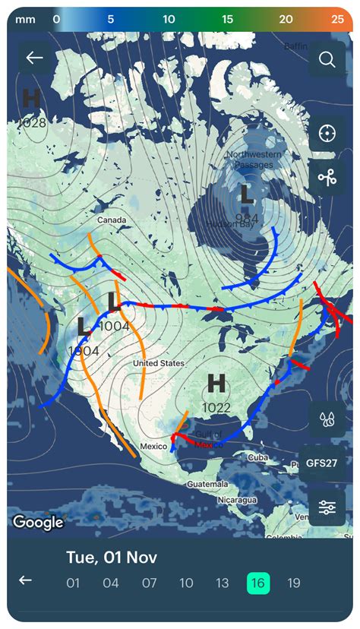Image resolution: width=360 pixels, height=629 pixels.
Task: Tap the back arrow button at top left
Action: point(35,58)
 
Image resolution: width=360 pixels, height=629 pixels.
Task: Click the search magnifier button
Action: point(327,59)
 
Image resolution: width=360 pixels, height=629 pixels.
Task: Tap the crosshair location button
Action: point(327,134)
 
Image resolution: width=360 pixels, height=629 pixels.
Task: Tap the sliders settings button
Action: point(327,507)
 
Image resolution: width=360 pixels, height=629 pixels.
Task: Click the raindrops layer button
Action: point(327,419)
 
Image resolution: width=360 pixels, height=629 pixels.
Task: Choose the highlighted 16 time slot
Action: point(258,583)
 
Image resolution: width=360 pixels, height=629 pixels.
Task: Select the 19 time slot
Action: point(294,583)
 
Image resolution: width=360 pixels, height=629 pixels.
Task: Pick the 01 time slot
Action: point(73,583)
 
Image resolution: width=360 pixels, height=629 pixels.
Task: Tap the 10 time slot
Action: point(186,583)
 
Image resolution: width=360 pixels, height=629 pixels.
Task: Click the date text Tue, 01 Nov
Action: point(112,557)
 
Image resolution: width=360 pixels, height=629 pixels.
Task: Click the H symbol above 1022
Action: point(216,384)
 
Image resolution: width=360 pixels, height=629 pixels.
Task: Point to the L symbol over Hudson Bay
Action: point(246,195)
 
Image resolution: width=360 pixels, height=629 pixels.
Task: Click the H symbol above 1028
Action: point(31,98)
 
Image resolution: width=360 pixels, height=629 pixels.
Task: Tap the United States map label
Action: point(159,363)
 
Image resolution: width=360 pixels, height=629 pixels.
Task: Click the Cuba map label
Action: point(257,457)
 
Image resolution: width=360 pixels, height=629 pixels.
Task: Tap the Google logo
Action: point(38,522)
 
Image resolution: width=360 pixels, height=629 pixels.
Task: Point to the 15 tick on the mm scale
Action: point(227,18)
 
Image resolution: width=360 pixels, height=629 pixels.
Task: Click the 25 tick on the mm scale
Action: point(337,18)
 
